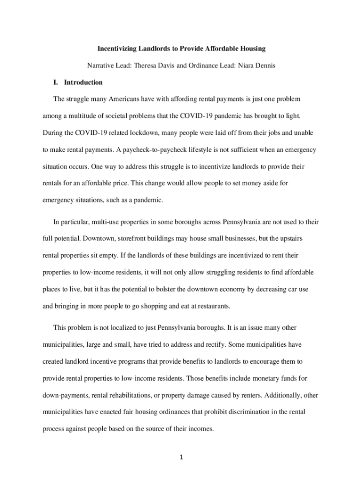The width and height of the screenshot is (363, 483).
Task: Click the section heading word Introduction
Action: click(83, 83)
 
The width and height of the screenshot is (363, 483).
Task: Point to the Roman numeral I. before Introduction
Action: click(56, 83)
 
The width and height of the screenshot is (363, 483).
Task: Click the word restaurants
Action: click(213, 306)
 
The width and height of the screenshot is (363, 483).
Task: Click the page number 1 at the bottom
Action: click(181, 457)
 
